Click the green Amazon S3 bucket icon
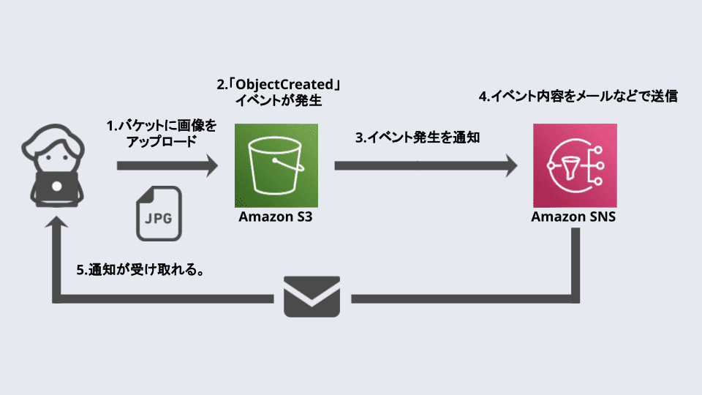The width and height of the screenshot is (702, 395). [x=276, y=165]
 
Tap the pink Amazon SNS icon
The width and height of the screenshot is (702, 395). [x=575, y=165]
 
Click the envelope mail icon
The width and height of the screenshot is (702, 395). [x=312, y=296]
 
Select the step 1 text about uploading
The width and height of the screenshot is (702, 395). [x=162, y=134]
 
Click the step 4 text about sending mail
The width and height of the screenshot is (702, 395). [x=578, y=96]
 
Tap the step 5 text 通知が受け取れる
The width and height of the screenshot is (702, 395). [x=139, y=269]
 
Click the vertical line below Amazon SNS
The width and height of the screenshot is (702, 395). [x=575, y=263]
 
